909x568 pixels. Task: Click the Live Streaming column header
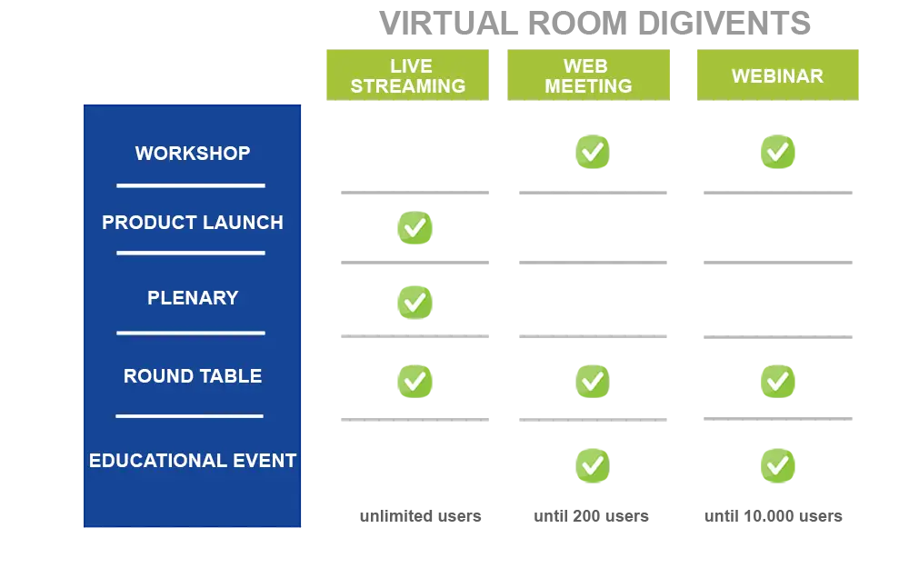[x=407, y=75]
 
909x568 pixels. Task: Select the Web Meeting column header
[x=588, y=75]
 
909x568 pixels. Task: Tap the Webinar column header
[x=777, y=75]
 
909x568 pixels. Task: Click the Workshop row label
[x=193, y=153]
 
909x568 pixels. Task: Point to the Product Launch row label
[x=193, y=223]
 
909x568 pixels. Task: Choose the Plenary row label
[x=193, y=298]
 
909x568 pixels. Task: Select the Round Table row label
[x=193, y=376]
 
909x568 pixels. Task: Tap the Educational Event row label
[x=193, y=461]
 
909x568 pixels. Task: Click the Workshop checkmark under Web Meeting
[x=593, y=152]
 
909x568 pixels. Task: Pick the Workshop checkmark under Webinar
[x=778, y=152]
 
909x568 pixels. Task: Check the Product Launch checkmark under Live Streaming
[x=415, y=228]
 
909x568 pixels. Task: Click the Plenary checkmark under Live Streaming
[x=415, y=302]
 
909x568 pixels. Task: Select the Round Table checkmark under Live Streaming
[x=415, y=382]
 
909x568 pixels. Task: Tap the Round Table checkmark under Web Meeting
[x=593, y=382]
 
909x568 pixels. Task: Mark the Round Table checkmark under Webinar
[x=778, y=382]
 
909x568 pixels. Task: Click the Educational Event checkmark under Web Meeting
[x=593, y=465]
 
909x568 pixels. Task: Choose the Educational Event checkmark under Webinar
[x=778, y=465]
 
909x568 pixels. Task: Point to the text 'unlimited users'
[x=420, y=516]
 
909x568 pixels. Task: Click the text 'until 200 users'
[x=592, y=516]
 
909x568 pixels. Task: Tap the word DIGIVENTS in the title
[x=724, y=24]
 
